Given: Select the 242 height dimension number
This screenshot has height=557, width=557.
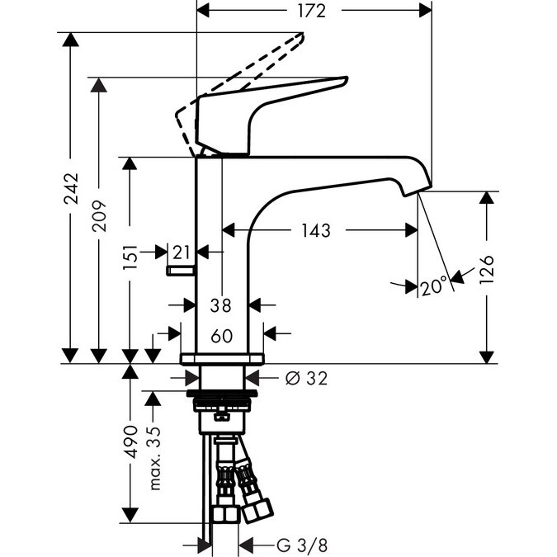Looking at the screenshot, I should [72, 189].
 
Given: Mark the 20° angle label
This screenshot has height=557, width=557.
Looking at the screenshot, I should [434, 286].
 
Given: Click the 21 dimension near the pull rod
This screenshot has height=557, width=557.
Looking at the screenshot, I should [182, 251].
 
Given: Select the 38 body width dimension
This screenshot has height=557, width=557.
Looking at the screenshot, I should [221, 304].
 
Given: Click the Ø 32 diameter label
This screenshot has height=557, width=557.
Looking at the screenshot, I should [306, 378].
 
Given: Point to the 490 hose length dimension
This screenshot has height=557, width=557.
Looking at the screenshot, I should [129, 446].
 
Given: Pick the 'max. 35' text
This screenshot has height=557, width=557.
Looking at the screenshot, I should [154, 458].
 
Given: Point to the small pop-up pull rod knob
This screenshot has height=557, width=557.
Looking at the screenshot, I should [179, 270].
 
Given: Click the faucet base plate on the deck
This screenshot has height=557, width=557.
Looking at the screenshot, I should [222, 358].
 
